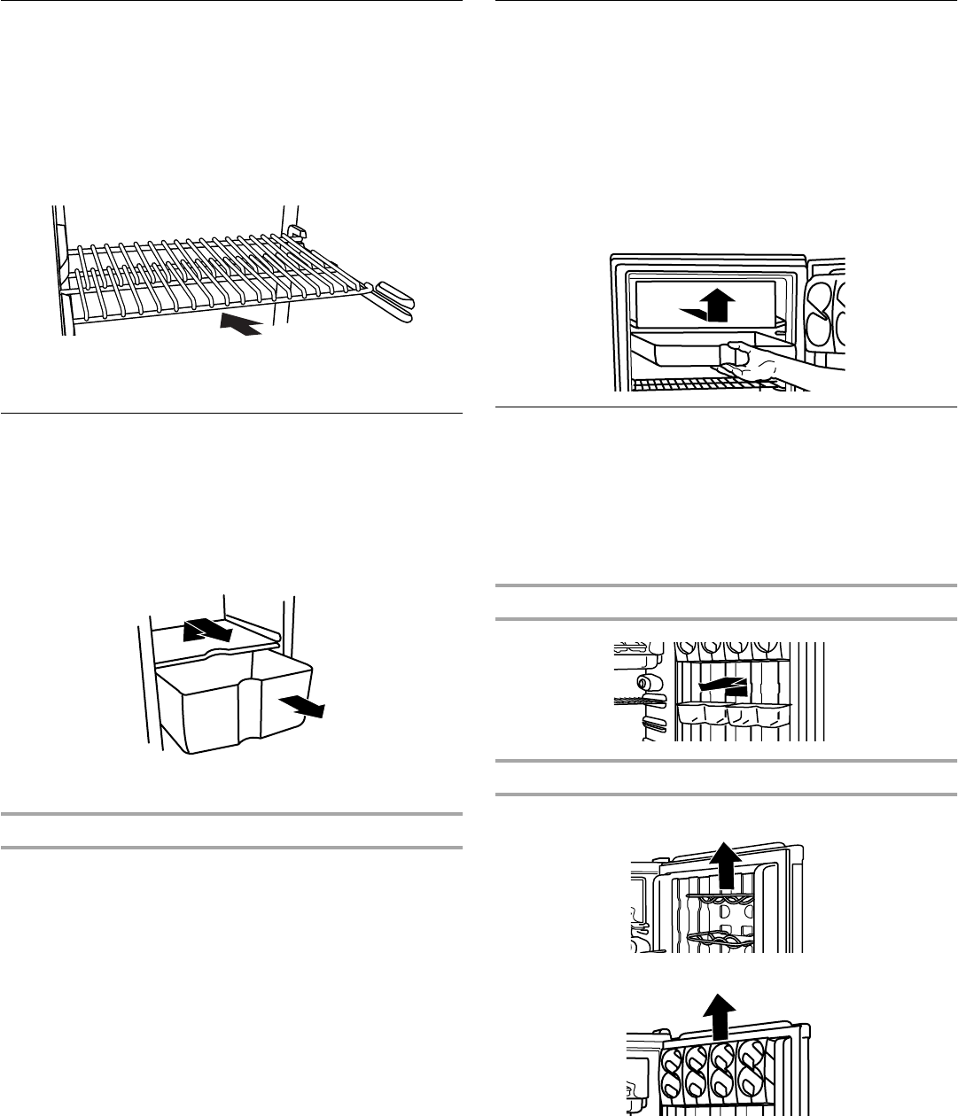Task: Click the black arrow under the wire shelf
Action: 241,323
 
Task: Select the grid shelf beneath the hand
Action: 700,383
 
